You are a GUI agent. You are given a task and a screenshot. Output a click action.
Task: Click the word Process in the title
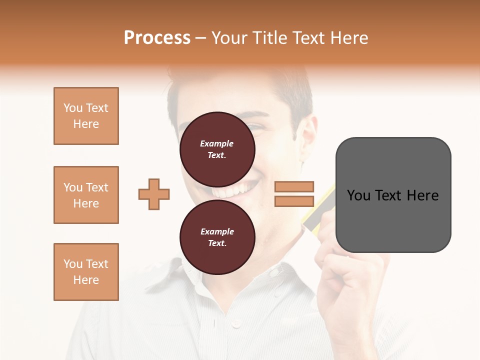click(x=157, y=38)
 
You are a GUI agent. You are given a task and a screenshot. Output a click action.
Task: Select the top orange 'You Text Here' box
click(x=86, y=116)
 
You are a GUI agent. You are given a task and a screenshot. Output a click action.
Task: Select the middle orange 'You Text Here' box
click(x=86, y=195)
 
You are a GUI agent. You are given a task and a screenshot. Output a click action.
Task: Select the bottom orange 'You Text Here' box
click(x=86, y=272)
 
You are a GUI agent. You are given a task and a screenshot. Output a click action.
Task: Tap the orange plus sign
click(x=154, y=194)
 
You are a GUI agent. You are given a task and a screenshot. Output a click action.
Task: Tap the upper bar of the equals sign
click(x=294, y=186)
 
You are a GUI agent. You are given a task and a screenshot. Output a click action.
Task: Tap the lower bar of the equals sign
click(x=294, y=201)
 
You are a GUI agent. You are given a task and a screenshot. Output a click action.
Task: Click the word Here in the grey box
click(x=422, y=195)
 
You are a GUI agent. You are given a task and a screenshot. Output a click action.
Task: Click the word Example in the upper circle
click(x=217, y=143)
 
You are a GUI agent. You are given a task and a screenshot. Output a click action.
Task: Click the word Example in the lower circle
click(x=217, y=231)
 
